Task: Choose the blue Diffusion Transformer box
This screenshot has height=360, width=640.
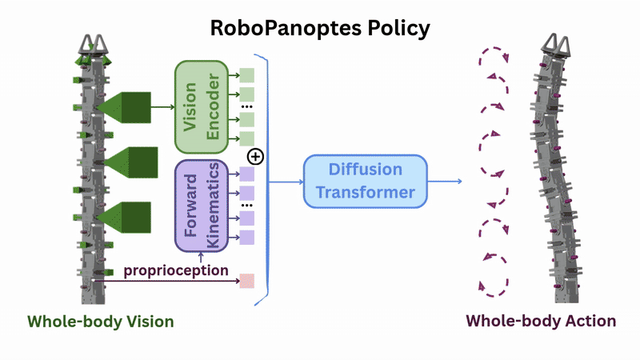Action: point(366,181)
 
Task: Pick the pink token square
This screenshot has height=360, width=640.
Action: point(246,281)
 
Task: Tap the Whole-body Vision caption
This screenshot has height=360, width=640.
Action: point(101,322)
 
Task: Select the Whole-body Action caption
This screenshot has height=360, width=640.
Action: point(541,322)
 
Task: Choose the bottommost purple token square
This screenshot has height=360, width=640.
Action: point(246,237)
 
